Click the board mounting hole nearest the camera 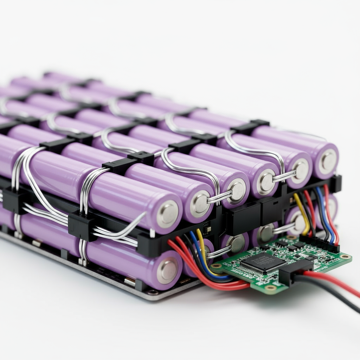click(x=271, y=288)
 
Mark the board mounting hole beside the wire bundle click(x=215, y=266)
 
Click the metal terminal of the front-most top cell click(x=167, y=214)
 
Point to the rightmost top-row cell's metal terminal click(x=328, y=161)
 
